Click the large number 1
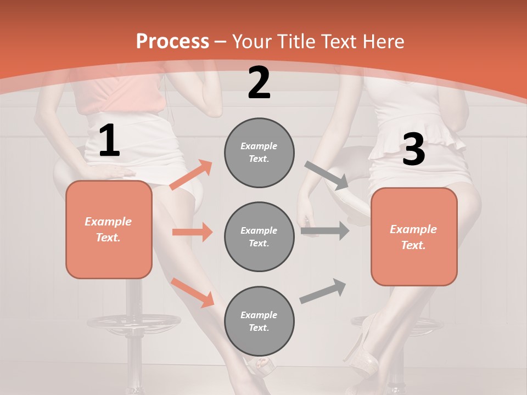click(109, 140)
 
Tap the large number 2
click(259, 83)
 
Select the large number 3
click(413, 149)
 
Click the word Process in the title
click(172, 41)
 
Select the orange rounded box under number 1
click(109, 229)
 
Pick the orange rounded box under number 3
click(414, 236)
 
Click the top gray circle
click(259, 153)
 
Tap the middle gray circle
click(259, 236)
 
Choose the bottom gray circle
click(259, 321)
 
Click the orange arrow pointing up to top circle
click(191, 175)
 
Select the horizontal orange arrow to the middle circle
click(192, 232)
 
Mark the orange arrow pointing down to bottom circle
click(193, 292)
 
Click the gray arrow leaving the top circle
click(326, 175)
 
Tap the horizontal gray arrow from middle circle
click(325, 231)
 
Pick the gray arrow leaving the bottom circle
click(323, 291)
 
